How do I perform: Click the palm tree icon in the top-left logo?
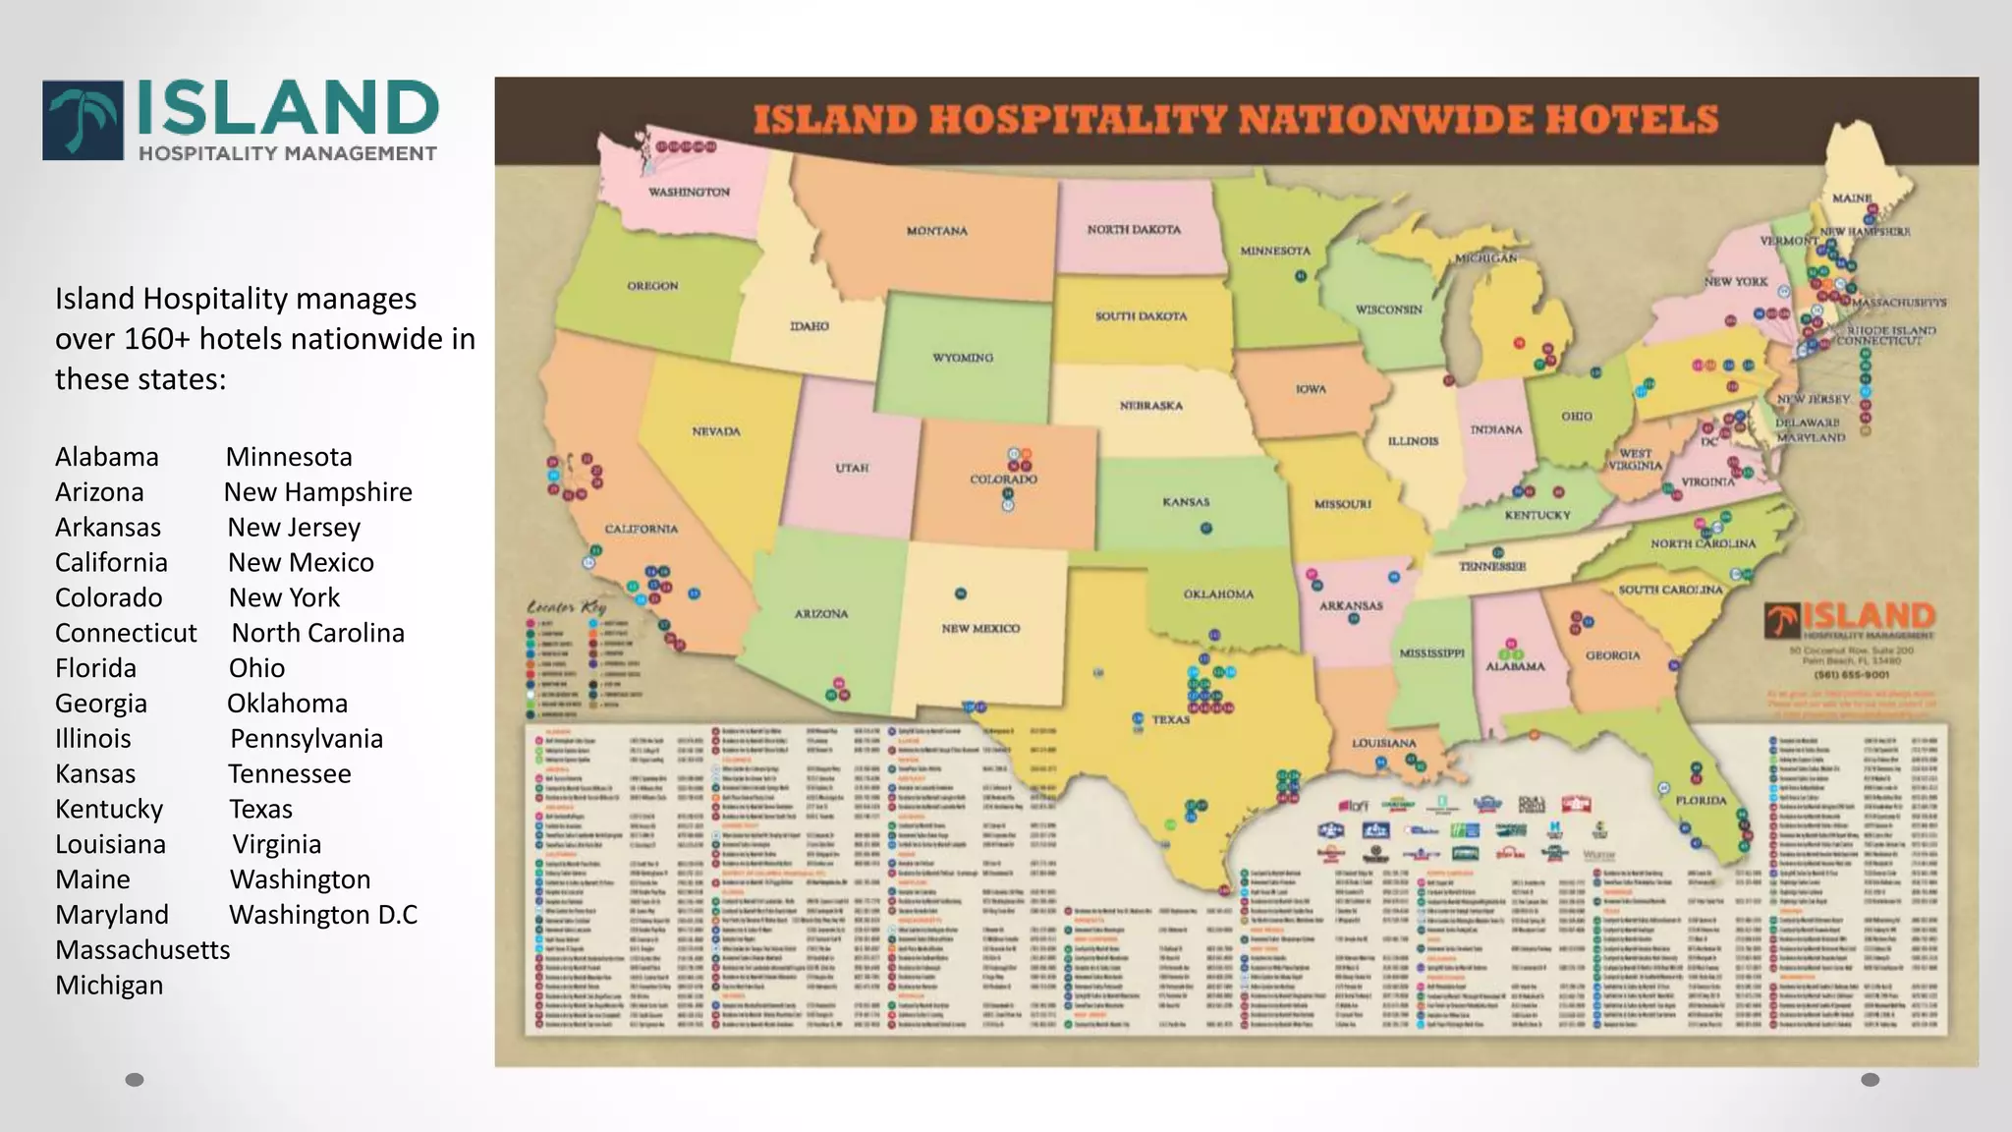coord(84,121)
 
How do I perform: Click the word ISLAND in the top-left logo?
coord(287,109)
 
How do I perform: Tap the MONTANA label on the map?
coord(936,231)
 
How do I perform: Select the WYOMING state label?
coord(962,358)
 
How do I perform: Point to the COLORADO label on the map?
coord(1003,480)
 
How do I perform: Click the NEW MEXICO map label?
coord(980,628)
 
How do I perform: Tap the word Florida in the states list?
coord(95,668)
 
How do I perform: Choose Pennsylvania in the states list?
coord(306,739)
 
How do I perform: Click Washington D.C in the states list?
coord(322,915)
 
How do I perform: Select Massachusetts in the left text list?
coord(142,950)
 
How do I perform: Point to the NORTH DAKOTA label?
coord(1134,229)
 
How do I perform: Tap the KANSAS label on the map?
coord(1186,502)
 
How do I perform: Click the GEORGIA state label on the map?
coord(1612,655)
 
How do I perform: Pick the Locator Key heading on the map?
coord(567,607)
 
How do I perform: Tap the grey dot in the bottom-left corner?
coord(135,1080)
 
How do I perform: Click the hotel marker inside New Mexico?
coord(961,594)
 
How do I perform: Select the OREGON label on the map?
coord(652,286)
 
